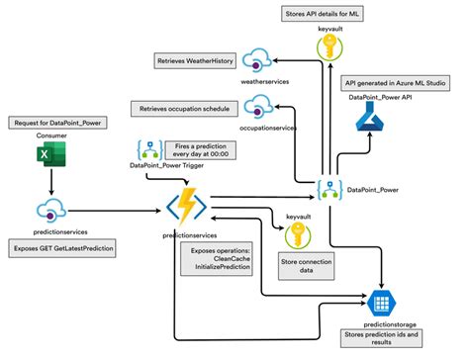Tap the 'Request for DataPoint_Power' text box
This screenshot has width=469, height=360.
click(51, 122)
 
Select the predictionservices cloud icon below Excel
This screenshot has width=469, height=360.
click(51, 210)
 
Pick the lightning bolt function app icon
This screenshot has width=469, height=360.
click(185, 207)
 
